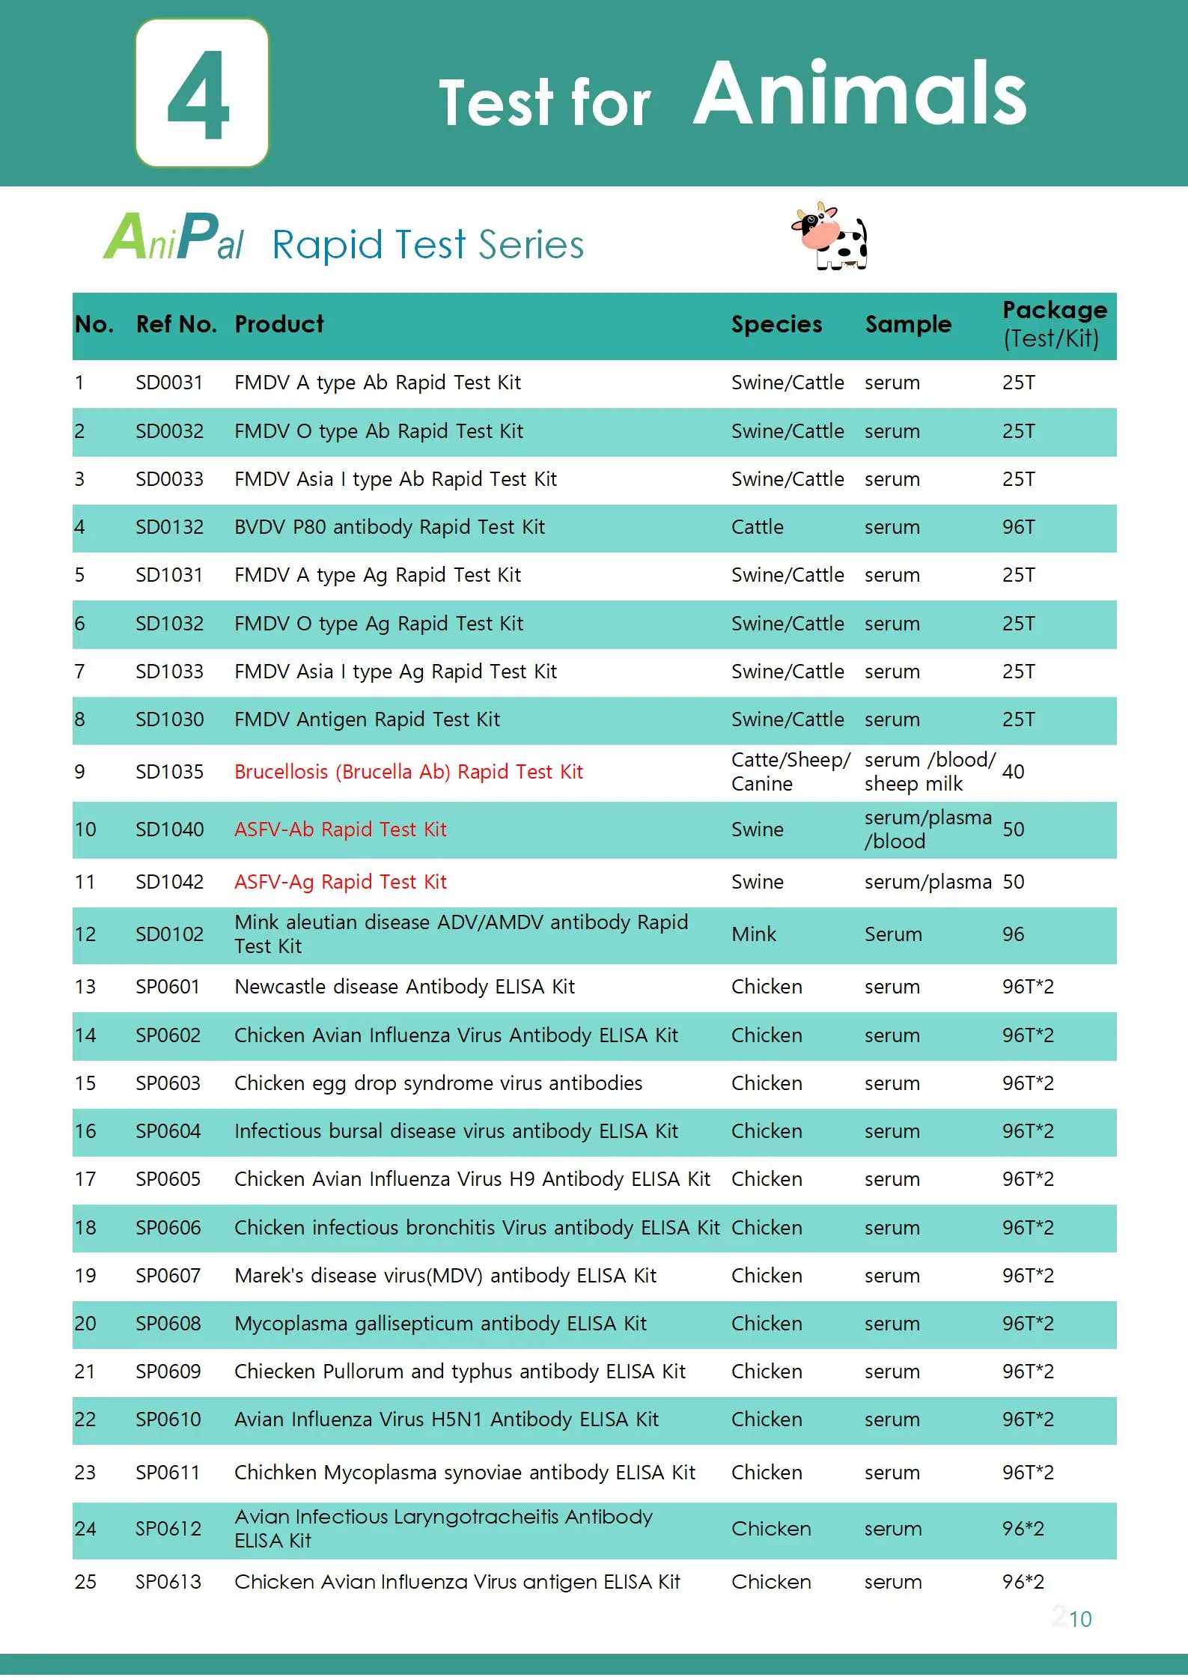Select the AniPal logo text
(x=174, y=238)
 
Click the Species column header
(x=776, y=324)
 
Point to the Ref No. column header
(x=176, y=324)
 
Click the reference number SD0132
(x=169, y=527)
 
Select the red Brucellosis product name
(x=408, y=772)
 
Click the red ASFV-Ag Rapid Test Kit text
(x=340, y=882)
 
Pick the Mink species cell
(x=754, y=934)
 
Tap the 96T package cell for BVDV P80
(x=1018, y=527)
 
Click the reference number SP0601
(x=168, y=987)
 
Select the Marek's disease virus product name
(x=445, y=1276)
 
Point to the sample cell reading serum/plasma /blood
(x=927, y=830)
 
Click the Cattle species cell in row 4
(x=757, y=527)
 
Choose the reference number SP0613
(x=168, y=1582)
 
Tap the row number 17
(x=85, y=1179)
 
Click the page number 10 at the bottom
(x=1079, y=1619)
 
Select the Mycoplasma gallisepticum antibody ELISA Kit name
(x=440, y=1324)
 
